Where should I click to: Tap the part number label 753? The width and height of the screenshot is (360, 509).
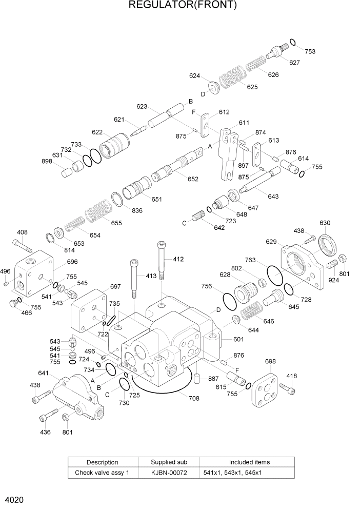coord(310,51)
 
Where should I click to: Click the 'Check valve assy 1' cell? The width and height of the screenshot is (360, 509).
coord(102,472)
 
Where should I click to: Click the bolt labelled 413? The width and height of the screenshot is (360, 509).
coord(134,277)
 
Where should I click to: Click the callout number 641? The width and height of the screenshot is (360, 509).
coord(43,373)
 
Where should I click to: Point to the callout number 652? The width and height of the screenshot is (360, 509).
coord(193,179)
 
